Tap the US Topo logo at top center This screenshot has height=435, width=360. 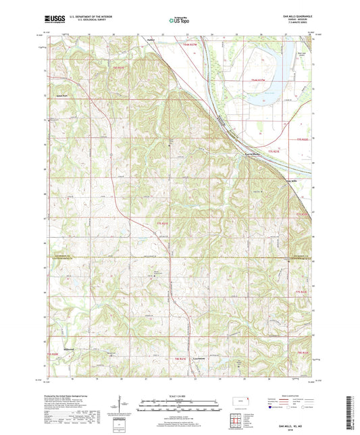click(x=179, y=21)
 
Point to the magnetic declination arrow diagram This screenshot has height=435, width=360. click(x=120, y=403)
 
